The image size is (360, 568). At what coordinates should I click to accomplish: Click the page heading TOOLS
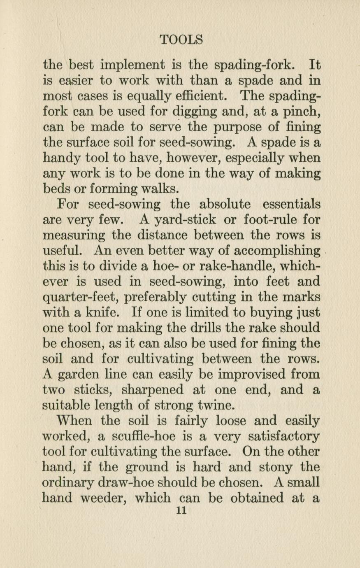[181, 40]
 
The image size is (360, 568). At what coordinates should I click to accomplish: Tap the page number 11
[181, 511]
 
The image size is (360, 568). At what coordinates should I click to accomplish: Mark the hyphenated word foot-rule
[268, 220]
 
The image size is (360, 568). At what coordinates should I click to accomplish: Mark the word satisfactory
[279, 436]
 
